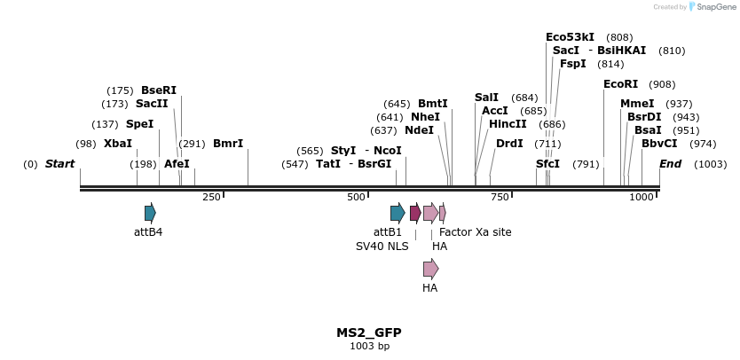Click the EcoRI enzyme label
point(620,84)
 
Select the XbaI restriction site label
point(117,144)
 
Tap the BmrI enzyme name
point(228,144)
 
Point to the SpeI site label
point(139,124)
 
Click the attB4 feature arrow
point(150,213)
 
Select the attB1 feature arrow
point(398,213)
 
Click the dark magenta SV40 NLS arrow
point(415,213)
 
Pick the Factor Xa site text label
point(475,232)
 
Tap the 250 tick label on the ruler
point(211,197)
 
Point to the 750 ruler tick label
point(500,197)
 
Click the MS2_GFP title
point(368,333)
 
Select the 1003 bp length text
point(369,346)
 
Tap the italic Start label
point(59,164)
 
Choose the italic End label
point(670,164)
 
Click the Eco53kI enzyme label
point(570,37)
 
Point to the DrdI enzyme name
point(509,144)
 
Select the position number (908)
point(662,84)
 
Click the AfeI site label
point(177,164)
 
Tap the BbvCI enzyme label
point(659,144)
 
